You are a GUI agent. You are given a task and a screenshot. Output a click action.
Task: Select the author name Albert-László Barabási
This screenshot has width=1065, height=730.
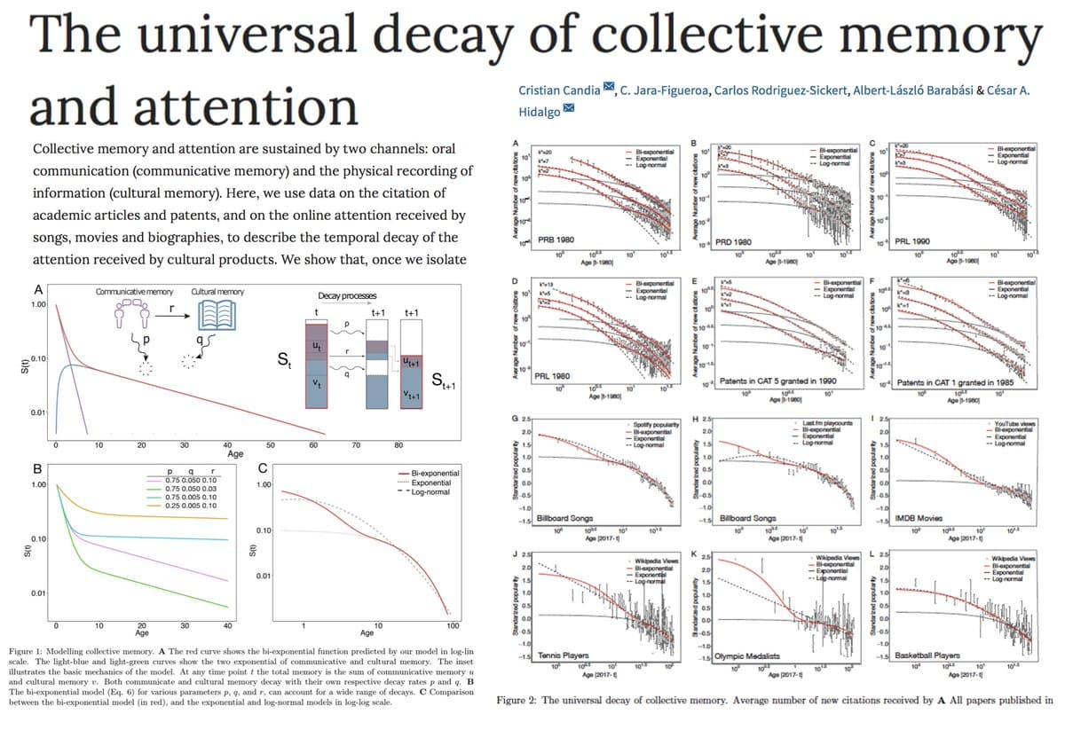tap(907, 90)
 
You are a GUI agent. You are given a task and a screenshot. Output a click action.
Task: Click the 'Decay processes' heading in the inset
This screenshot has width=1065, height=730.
tap(347, 295)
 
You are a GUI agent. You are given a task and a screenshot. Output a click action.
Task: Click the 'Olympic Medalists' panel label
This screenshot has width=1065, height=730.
tap(749, 655)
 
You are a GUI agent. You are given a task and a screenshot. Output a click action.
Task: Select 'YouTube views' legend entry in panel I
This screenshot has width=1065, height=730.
tap(1014, 424)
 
